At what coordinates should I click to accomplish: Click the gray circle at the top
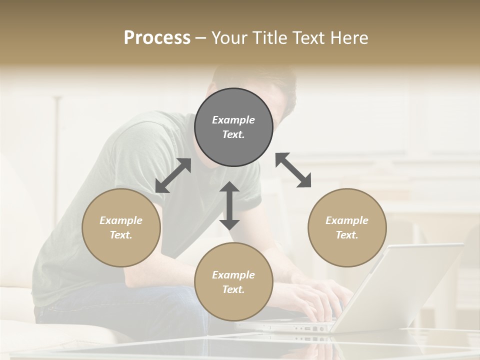(233, 127)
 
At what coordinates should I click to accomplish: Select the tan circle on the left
(121, 227)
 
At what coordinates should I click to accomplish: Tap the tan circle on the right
(347, 227)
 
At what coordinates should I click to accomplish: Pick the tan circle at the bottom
(233, 282)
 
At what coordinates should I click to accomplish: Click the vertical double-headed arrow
(229, 205)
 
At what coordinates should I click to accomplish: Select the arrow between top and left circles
(173, 175)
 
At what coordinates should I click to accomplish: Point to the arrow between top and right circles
(293, 170)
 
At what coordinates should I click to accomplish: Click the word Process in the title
(157, 37)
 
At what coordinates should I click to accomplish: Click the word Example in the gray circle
(233, 120)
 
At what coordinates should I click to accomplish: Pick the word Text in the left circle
(120, 235)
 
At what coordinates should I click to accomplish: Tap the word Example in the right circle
(347, 220)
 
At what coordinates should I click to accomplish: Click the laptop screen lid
(400, 285)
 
